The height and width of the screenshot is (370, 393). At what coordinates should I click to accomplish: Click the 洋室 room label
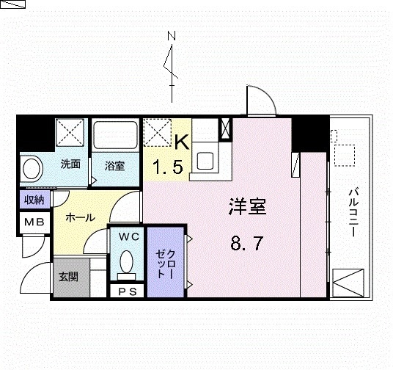click(246, 208)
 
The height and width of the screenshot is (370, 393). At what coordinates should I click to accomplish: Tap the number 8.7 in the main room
click(246, 243)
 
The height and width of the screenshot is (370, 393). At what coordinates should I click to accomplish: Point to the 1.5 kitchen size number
click(167, 168)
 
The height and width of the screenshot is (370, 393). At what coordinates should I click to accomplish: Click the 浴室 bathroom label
click(114, 166)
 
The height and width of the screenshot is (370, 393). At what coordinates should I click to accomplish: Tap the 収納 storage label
click(34, 200)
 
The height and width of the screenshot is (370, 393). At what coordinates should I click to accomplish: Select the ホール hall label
click(78, 218)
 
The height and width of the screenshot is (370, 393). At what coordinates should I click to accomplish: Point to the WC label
click(129, 236)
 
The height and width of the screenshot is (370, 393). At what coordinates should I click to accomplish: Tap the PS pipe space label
click(128, 290)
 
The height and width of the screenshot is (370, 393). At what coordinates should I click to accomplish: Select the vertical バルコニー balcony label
click(353, 211)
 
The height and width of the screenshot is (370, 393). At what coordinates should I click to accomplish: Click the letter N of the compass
click(172, 35)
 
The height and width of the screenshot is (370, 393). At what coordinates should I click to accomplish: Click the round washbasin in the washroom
click(32, 168)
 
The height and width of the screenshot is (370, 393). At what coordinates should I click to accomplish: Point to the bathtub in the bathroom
click(114, 136)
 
